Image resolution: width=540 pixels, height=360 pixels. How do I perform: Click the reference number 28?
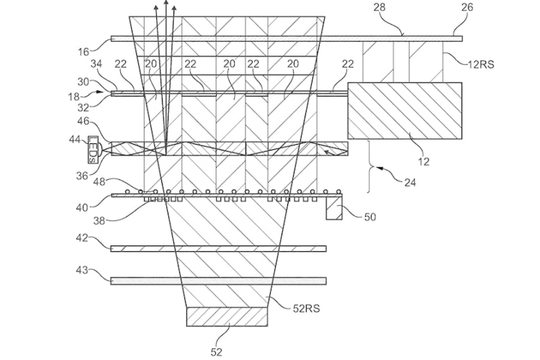379,7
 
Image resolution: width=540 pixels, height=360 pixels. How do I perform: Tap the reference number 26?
467,7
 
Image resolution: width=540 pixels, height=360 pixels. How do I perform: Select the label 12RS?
481,64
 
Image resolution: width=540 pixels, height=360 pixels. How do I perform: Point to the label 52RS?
306,308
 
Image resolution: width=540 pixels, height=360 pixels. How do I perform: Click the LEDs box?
94,150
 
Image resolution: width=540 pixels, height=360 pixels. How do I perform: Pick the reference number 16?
84,52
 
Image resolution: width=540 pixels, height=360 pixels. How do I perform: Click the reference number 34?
96,64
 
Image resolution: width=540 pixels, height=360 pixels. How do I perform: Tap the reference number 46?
84,121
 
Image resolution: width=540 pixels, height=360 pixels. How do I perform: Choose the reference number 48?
99,181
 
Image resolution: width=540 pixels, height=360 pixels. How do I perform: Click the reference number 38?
99,221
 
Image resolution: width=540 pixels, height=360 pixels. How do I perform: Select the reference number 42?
82,238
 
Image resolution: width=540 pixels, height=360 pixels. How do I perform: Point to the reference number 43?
82,270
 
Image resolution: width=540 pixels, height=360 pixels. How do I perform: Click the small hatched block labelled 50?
334,208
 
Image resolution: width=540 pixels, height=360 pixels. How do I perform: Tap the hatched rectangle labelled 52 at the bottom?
227,317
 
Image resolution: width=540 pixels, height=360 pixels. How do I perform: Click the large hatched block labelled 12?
405,111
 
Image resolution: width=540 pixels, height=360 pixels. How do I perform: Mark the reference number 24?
410,183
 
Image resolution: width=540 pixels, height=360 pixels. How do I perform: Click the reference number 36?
82,176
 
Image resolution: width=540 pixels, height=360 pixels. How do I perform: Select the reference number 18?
74,96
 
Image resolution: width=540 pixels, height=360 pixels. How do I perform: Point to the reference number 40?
82,208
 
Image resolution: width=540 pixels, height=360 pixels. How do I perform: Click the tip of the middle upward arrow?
166,1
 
